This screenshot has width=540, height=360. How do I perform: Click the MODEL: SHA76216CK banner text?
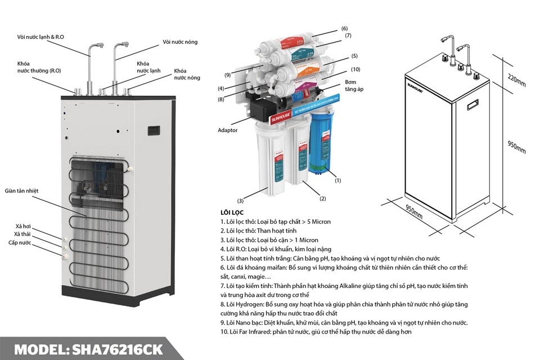(x=90, y=349)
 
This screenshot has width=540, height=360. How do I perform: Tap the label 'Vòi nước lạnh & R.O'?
(x=40, y=37)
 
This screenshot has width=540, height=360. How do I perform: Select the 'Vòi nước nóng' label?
(x=180, y=42)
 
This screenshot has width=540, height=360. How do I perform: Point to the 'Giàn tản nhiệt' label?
(x=22, y=191)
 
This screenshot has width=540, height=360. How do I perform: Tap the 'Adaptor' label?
(x=228, y=130)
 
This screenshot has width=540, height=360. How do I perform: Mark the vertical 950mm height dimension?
(x=517, y=147)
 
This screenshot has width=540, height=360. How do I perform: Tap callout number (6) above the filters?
(x=344, y=28)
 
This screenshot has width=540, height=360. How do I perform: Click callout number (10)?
(x=355, y=69)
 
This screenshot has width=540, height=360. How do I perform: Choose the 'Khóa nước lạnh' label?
(x=148, y=67)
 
